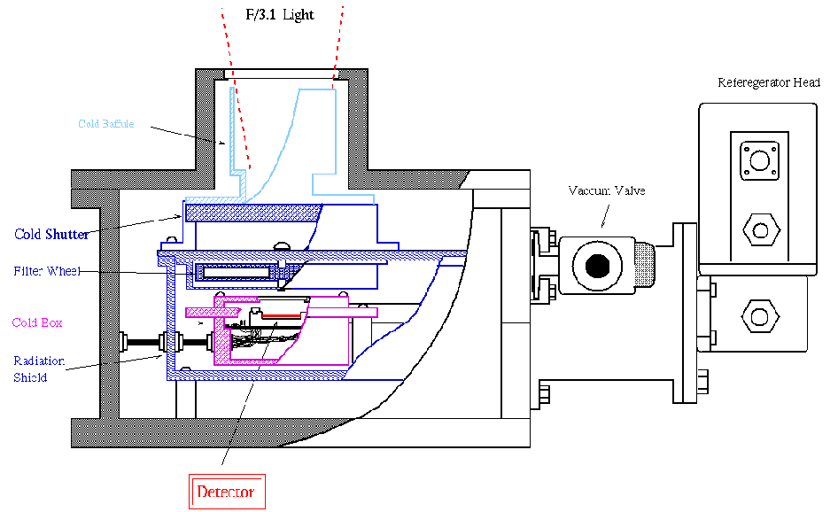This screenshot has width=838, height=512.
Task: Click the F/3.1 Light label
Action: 280,14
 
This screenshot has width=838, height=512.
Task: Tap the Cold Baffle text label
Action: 105,124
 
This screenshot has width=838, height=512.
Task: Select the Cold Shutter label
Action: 51,234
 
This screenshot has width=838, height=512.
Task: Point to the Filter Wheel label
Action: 47,271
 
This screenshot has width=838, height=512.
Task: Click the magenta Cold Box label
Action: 37,322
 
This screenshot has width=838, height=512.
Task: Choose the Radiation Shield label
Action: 39,368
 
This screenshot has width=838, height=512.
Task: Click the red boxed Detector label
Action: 227,491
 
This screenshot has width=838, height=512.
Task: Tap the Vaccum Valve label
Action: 607,190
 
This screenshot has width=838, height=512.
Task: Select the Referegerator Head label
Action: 769,82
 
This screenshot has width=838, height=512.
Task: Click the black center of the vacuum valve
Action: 598,265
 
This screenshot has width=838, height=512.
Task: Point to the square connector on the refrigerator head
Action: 759,160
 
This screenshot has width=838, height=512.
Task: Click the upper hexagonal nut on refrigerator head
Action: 761,230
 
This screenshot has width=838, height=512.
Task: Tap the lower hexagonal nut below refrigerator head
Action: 759,316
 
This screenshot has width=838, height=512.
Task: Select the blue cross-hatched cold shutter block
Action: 253,213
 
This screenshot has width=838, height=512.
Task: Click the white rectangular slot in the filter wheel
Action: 237,273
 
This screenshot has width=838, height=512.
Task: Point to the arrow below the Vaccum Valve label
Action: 606,216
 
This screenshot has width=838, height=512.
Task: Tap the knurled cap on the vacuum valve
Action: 645,265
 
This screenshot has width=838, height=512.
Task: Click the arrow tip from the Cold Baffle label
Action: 225,143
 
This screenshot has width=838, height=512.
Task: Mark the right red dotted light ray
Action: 338,48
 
